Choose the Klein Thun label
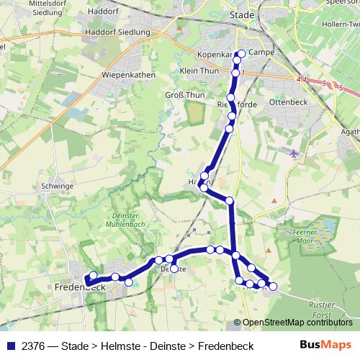(x=199, y=71)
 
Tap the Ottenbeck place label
(x=287, y=102)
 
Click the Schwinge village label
(x=58, y=185)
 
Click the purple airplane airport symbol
(x=293, y=153)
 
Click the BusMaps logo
(x=325, y=346)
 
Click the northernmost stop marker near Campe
(x=242, y=53)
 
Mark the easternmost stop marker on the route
(x=273, y=287)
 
